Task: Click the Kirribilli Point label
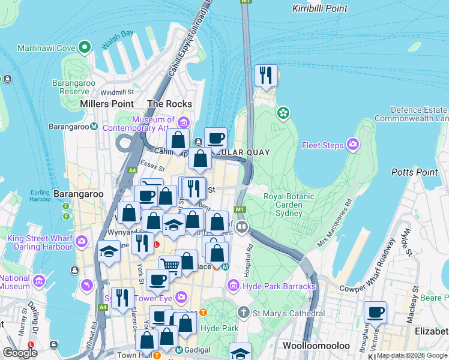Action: [x=319, y=8]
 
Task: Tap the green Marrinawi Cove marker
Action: [x=85, y=47]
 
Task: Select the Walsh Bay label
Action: [x=118, y=34]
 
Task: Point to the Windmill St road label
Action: [x=117, y=92]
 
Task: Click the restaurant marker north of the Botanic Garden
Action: [x=266, y=76]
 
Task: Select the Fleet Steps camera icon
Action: [x=352, y=145]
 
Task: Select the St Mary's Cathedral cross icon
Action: [x=243, y=311]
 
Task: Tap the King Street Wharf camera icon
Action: [x=82, y=242]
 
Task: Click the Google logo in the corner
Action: [x=20, y=353]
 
